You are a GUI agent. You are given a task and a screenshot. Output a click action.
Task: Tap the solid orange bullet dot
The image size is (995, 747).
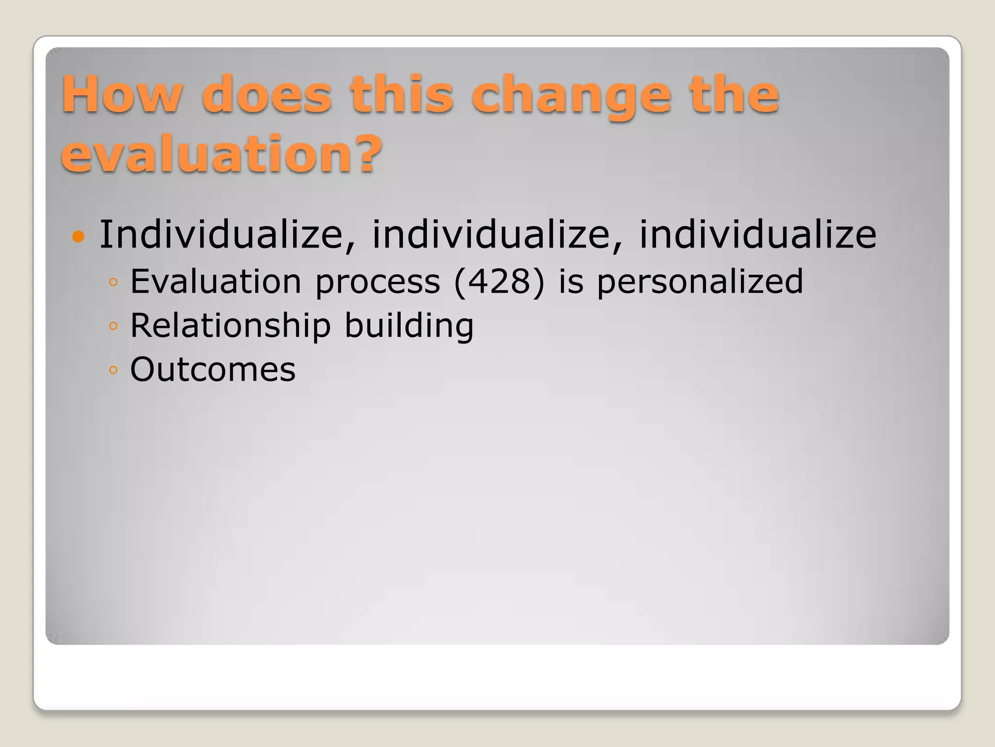pyautogui.click(x=78, y=237)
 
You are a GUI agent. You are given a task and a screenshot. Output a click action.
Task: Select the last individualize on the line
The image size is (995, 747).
pyautogui.click(x=757, y=234)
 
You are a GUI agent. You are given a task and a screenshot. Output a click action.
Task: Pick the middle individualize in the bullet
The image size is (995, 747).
pyautogui.click(x=491, y=234)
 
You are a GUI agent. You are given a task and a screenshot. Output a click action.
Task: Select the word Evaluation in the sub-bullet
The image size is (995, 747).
pyautogui.click(x=216, y=282)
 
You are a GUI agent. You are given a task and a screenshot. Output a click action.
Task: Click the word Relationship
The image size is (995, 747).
pyautogui.click(x=231, y=326)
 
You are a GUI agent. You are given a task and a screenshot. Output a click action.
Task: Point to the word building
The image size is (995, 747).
pyautogui.click(x=409, y=326)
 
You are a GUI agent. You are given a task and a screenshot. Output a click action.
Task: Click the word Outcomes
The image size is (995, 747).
pyautogui.click(x=213, y=370)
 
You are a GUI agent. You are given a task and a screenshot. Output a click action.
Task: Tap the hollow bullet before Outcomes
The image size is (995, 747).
pyautogui.click(x=113, y=370)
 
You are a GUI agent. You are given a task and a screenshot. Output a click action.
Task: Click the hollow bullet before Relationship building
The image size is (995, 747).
pyautogui.click(x=113, y=326)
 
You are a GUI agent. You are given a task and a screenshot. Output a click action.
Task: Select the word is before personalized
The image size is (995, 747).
pyautogui.click(x=571, y=282)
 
